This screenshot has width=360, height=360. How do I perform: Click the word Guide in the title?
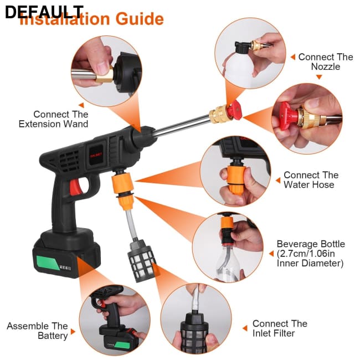139,19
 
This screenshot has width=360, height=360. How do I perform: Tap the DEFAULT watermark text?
44,12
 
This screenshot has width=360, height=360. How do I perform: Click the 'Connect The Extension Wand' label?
53,119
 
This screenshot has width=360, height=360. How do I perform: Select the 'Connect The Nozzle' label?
325,61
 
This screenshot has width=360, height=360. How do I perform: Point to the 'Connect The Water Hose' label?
311,179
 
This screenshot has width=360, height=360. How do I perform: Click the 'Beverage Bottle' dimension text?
311,254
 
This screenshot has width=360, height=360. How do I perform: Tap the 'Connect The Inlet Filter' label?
280,328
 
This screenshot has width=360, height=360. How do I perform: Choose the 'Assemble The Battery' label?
37,331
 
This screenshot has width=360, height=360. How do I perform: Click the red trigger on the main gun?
74,189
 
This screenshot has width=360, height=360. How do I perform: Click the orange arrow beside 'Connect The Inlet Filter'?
244,328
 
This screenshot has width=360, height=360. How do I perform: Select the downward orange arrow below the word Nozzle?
318,77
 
